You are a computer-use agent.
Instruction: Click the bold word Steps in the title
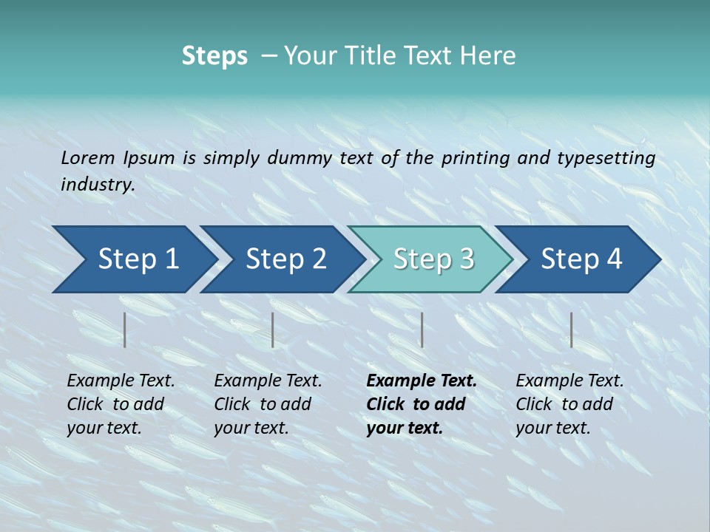[214, 56]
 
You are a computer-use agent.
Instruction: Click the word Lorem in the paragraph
[87, 157]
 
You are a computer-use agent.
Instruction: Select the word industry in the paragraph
[97, 185]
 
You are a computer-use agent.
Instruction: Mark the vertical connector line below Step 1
[125, 330]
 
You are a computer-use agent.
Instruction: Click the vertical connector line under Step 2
[273, 330]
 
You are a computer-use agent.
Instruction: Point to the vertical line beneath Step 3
[422, 330]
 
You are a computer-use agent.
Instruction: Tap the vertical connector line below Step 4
[571, 330]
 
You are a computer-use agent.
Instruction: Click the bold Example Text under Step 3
[422, 381]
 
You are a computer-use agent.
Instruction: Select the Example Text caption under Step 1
[121, 381]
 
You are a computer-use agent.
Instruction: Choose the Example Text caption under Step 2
[268, 381]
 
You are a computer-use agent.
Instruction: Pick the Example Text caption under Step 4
[569, 381]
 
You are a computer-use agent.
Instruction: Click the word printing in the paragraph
[474, 157]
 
